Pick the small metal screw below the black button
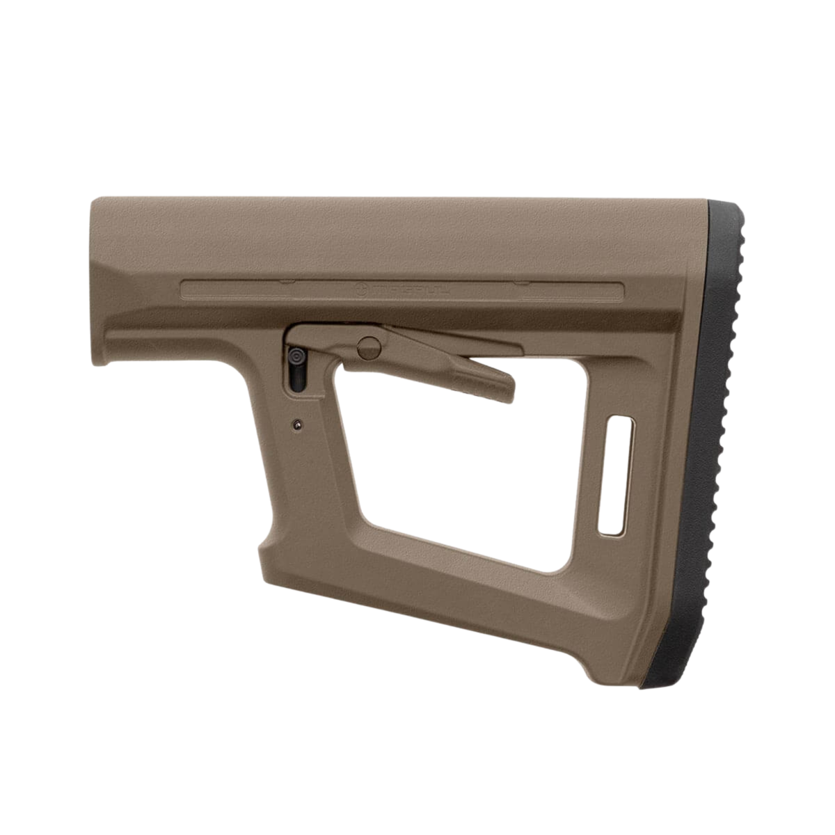click(298, 424)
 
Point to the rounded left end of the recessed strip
click(184, 288)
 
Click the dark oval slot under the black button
click(296, 379)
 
